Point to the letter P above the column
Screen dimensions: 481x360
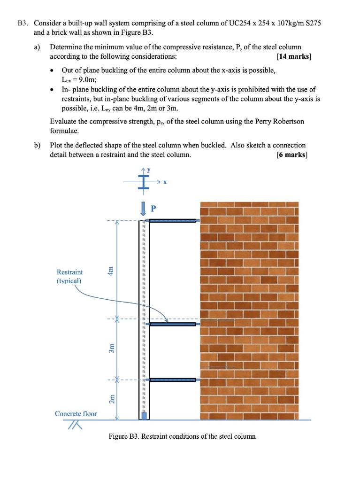click(153, 207)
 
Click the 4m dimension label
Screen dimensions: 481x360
click(111, 272)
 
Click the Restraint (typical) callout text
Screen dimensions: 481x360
click(69, 276)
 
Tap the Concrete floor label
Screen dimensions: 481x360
click(76, 414)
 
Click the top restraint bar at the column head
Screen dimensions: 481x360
click(172, 220)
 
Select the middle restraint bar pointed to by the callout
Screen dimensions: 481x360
click(172, 324)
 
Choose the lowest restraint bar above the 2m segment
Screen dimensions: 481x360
click(172, 379)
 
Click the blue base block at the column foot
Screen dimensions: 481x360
click(144, 415)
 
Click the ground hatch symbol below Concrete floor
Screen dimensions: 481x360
click(74, 425)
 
